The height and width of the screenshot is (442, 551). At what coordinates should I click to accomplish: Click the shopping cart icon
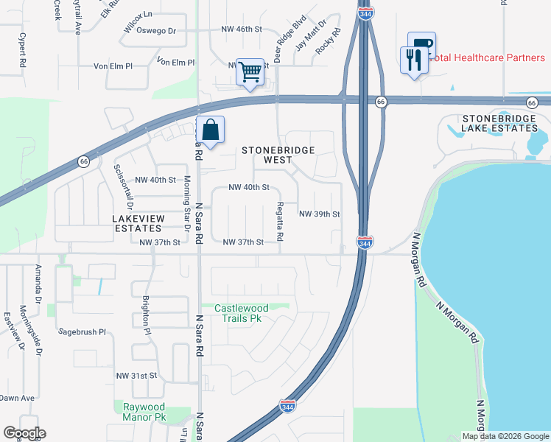click(250, 72)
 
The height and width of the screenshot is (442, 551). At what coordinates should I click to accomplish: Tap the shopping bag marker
click(211, 130)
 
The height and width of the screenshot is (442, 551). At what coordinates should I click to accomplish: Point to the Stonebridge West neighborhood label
click(278, 155)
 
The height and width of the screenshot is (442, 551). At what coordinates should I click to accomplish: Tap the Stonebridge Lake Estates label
click(499, 123)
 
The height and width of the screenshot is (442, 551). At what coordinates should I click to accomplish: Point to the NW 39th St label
click(319, 214)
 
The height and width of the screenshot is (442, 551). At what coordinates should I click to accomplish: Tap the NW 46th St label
click(242, 29)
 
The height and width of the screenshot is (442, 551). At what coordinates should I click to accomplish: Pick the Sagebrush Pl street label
click(83, 332)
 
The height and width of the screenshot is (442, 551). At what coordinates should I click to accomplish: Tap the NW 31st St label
click(137, 375)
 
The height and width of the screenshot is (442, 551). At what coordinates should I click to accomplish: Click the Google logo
click(24, 433)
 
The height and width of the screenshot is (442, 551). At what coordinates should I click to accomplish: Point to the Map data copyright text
click(505, 436)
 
